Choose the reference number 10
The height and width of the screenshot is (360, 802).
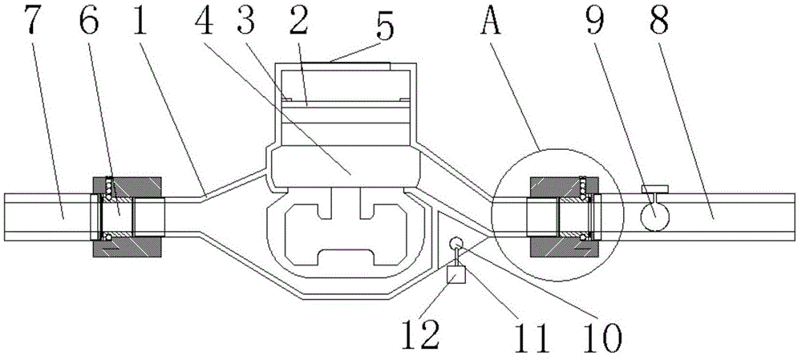[x=597, y=334]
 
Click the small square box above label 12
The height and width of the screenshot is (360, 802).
[x=457, y=275]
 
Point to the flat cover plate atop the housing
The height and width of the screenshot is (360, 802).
[x=358, y=62]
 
